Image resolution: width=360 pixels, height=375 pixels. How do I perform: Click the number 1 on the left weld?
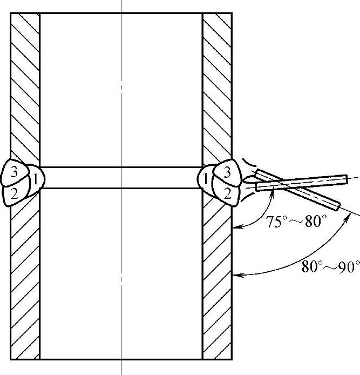[x=33, y=178]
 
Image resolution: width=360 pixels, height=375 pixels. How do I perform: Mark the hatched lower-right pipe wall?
[x=218, y=281]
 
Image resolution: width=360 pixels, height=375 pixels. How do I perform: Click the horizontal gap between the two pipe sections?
[x=121, y=177]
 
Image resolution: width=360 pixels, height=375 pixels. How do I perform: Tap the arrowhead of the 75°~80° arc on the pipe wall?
[x=235, y=229]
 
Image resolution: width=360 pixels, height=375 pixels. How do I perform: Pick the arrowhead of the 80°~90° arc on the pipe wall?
[x=236, y=276]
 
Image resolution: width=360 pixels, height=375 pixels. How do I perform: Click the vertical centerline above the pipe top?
[x=121, y=5]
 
